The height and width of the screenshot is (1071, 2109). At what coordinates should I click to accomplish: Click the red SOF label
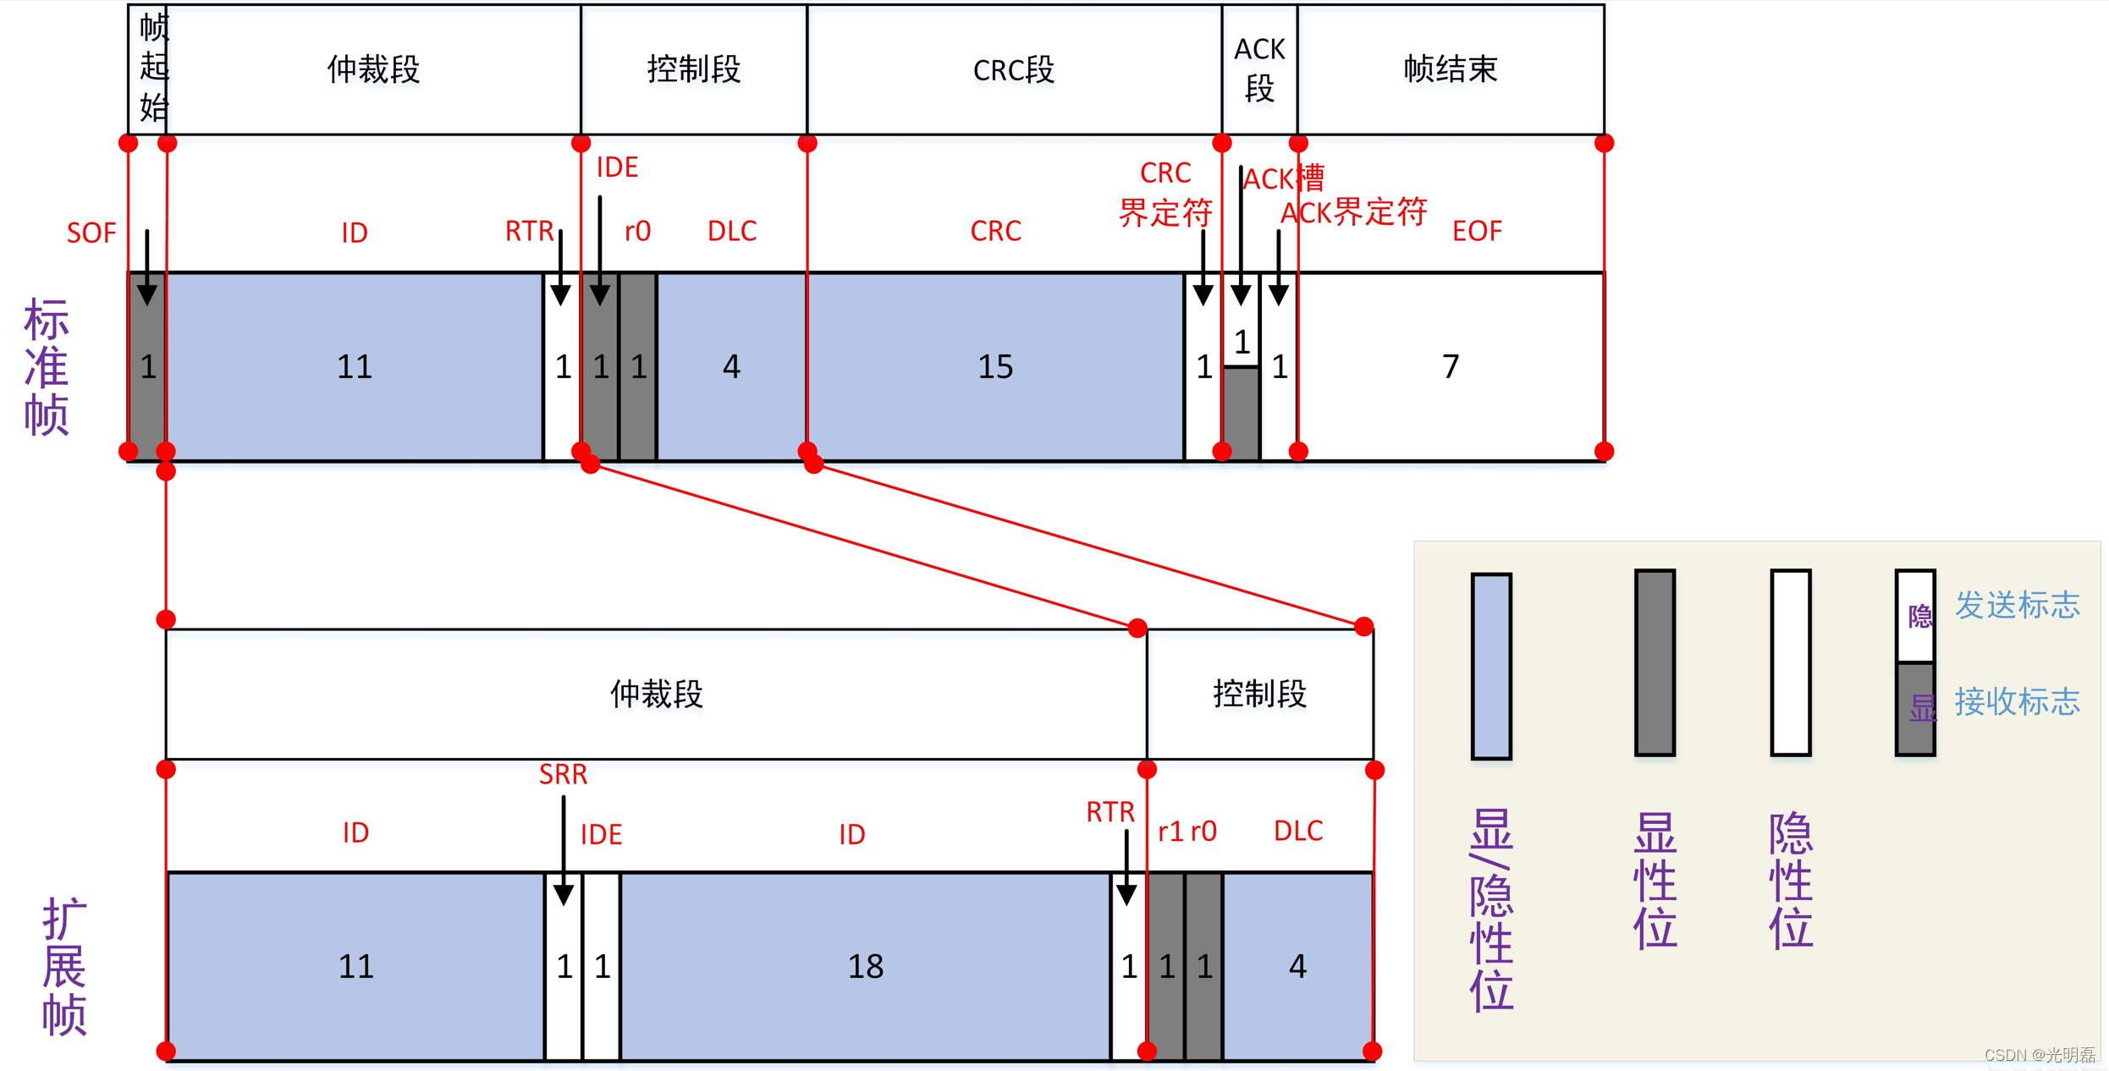point(91,233)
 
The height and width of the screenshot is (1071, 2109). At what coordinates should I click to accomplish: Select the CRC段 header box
point(1014,69)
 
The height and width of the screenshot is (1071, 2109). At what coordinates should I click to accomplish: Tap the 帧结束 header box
point(1451,69)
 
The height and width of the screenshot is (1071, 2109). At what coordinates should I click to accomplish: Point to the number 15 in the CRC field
point(995,367)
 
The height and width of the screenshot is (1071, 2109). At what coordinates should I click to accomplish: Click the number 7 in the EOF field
point(1451,367)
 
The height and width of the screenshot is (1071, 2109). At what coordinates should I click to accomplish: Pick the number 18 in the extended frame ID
point(866,966)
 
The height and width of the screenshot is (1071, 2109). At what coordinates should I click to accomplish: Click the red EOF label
point(1477,231)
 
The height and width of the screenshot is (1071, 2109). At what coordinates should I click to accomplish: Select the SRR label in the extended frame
point(563,774)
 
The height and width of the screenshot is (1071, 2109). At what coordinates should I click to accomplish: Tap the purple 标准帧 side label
point(47,366)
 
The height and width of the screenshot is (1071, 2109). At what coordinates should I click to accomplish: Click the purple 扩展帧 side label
point(64,966)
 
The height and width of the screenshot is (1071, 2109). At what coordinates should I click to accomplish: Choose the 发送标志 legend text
point(2017,605)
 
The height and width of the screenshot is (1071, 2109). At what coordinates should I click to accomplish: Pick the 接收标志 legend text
point(2017,701)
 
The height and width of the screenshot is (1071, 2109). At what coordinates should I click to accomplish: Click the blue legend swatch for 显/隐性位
point(1491,666)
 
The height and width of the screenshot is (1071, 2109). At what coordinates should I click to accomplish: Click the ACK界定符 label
point(1353,212)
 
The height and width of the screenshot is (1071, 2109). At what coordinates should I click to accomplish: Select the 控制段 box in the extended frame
point(1259,694)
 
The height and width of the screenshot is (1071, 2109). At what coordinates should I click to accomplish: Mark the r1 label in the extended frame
point(1170,832)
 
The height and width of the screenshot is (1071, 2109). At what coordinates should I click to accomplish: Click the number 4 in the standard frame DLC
point(731,367)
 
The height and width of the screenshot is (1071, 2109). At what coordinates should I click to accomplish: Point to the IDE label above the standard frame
point(617,168)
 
